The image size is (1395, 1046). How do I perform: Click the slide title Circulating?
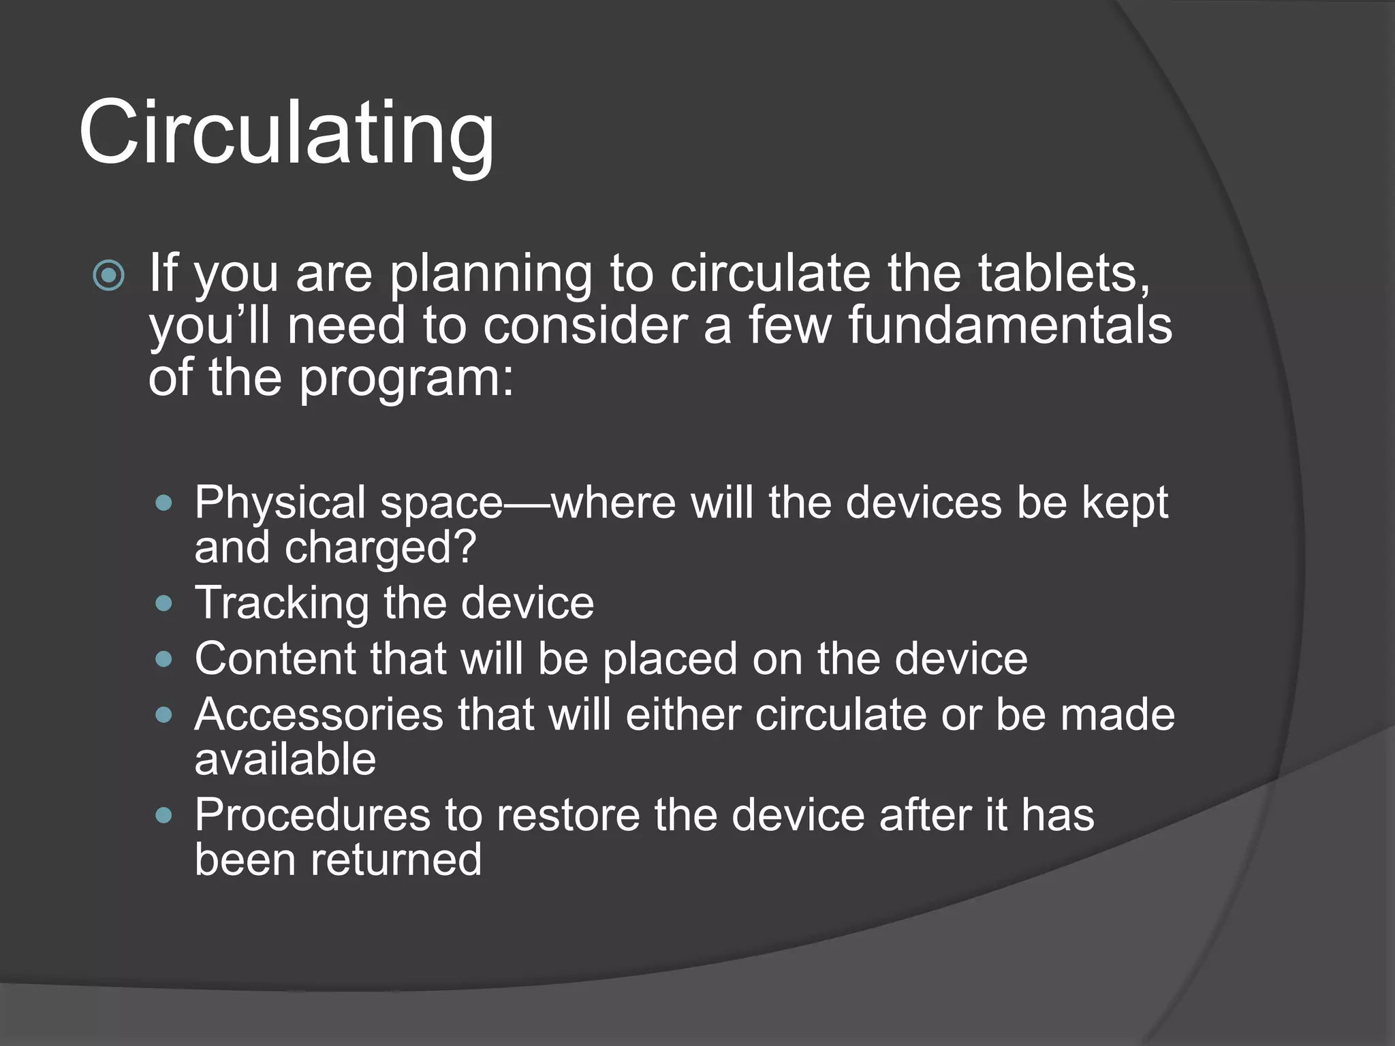click(286, 133)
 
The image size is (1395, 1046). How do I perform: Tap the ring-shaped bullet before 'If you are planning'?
click(109, 276)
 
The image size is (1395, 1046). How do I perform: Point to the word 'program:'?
click(407, 379)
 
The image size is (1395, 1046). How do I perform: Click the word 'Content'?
click(275, 659)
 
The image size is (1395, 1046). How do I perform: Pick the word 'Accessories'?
click(319, 714)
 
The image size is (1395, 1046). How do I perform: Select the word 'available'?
click(285, 759)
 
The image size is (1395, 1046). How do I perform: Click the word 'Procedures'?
click(313, 815)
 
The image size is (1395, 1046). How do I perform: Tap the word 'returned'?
click(396, 859)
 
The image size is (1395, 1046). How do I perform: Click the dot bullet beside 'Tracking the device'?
click(163, 603)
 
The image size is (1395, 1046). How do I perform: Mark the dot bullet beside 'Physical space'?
click(163, 504)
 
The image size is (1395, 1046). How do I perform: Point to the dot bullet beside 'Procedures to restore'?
click(163, 815)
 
